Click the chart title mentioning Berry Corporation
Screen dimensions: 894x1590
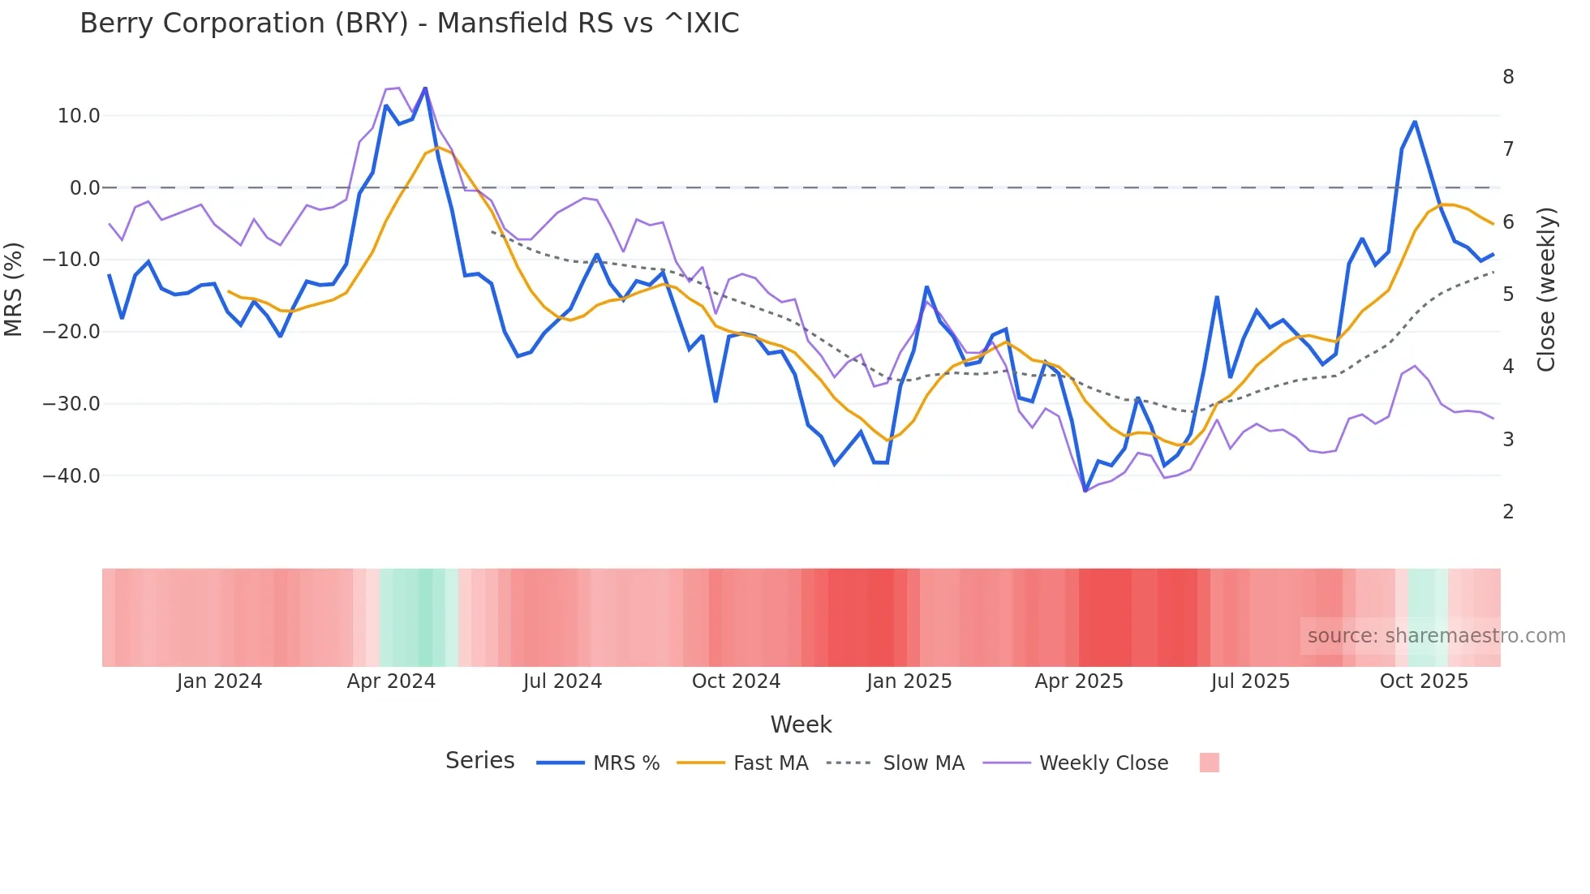point(409,24)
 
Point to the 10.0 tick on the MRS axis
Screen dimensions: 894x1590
point(79,116)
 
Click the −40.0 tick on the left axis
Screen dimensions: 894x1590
point(71,476)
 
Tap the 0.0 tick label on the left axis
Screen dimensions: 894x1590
point(84,188)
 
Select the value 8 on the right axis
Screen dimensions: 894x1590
point(1508,77)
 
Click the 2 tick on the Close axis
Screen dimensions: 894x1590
point(1508,512)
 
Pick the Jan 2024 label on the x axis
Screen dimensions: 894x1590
point(219,681)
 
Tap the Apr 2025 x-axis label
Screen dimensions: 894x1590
point(1079,681)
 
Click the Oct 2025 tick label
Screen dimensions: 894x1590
point(1424,681)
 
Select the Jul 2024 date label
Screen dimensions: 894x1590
point(562,681)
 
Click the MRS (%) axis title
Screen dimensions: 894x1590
point(14,289)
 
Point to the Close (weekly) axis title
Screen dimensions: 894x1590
point(1546,290)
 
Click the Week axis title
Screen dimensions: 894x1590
point(801,724)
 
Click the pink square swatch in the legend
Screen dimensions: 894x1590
point(1209,763)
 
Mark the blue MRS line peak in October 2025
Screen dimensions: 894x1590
point(1415,122)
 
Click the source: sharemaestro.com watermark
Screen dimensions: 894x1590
point(1436,636)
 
